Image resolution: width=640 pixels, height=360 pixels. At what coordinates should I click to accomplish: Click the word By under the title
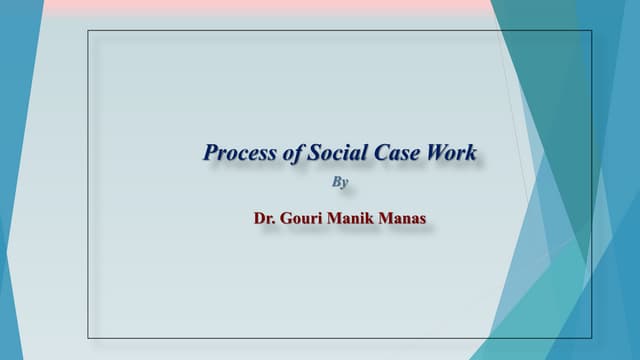340,183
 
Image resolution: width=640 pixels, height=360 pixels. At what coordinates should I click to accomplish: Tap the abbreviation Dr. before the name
266,215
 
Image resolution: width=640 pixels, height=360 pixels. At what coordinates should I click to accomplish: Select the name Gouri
309,215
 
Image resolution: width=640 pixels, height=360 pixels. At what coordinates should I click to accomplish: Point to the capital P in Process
210,153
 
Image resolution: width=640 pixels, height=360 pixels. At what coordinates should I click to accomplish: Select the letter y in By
345,184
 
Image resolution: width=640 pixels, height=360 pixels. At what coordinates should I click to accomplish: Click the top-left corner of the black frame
88,31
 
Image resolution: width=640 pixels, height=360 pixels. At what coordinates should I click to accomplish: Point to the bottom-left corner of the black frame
88,338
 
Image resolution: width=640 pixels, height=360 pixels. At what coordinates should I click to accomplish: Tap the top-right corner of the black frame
592,31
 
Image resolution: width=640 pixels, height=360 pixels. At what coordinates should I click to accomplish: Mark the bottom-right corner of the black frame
592,338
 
